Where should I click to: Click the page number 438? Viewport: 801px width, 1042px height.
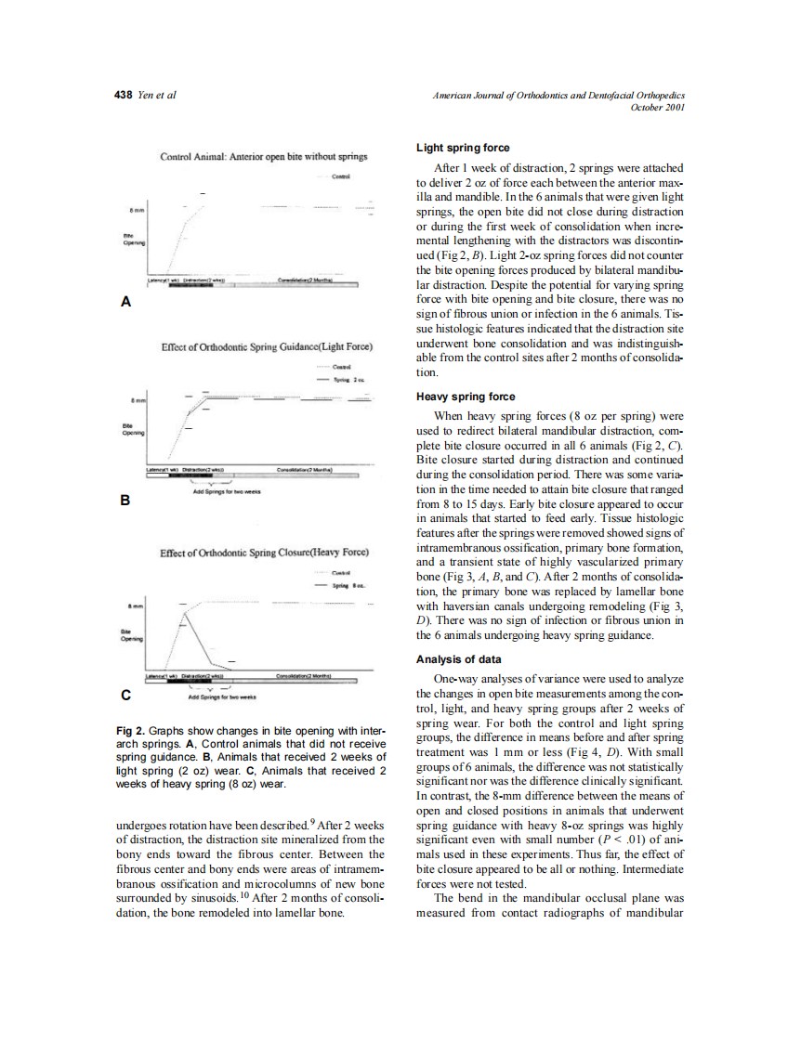click(x=123, y=96)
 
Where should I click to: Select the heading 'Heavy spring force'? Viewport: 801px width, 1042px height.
click(x=464, y=397)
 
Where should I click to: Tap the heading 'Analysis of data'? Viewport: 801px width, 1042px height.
click(x=458, y=659)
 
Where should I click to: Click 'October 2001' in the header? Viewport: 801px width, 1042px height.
click(x=657, y=108)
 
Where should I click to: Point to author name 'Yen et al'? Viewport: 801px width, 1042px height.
click(x=157, y=96)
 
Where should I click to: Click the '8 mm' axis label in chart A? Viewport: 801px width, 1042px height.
click(x=135, y=211)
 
